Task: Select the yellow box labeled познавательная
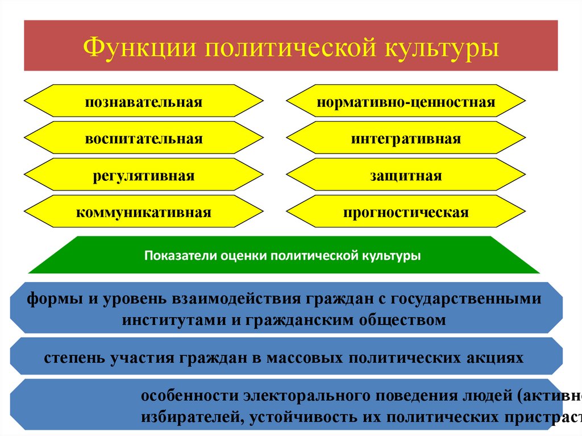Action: coord(144,102)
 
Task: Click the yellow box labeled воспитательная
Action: coord(144,139)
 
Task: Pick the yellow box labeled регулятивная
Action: coord(144,176)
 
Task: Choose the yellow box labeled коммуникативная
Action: coord(144,213)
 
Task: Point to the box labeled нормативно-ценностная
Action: coord(406,102)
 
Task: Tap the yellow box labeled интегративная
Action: coord(406,139)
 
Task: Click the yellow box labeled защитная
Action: coord(406,176)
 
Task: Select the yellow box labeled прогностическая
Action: coord(406,213)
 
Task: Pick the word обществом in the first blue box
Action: coord(402,319)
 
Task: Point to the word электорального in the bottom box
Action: coord(292,395)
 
